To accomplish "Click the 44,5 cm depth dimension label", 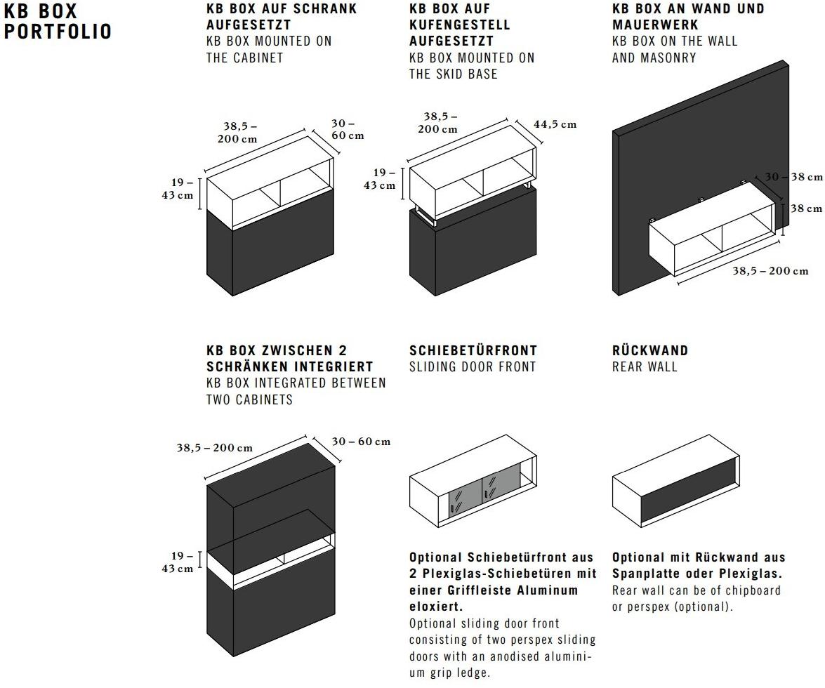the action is pyautogui.click(x=555, y=125).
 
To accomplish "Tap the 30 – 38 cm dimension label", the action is pyautogui.click(x=793, y=177).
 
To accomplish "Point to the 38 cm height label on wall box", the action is pyautogui.click(x=805, y=209).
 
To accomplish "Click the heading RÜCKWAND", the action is pyautogui.click(x=649, y=350).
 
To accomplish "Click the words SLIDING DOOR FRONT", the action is pyautogui.click(x=473, y=366).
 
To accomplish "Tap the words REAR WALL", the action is pyautogui.click(x=645, y=366).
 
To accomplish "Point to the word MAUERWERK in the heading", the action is pyautogui.click(x=655, y=25).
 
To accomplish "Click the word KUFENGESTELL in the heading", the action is pyautogui.click(x=460, y=25).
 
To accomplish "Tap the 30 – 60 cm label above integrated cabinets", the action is pyautogui.click(x=361, y=442).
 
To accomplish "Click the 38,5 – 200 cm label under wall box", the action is pyautogui.click(x=770, y=271).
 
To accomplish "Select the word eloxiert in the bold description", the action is pyautogui.click(x=435, y=607).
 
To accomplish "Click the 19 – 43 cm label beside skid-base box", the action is pyautogui.click(x=379, y=179).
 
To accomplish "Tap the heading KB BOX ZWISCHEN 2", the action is pyautogui.click(x=277, y=350).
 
